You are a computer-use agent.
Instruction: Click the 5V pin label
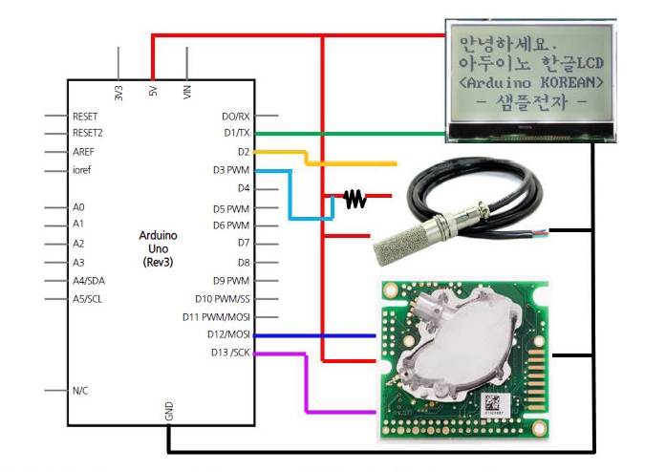153,93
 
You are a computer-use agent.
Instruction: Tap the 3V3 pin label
118,93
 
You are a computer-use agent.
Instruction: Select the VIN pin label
187,92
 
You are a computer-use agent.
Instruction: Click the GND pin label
169,412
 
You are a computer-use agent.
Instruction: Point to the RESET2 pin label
88,133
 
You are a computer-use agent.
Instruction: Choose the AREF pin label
84,152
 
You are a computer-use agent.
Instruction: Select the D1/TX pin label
236,133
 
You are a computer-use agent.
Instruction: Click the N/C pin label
81,390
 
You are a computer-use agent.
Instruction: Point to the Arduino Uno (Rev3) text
158,247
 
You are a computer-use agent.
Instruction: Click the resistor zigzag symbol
354,199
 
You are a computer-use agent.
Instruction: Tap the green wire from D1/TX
363,133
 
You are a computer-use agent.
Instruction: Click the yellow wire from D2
354,163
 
